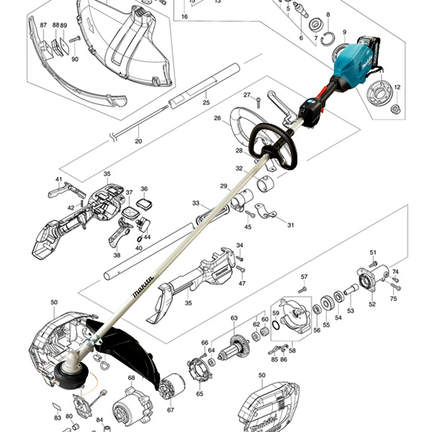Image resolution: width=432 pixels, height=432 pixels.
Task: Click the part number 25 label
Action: point(206,102)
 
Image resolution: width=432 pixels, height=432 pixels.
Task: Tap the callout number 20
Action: point(138,141)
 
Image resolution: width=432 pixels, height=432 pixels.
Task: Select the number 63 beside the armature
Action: point(234,318)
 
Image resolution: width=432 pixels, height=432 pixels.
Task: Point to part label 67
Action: point(171,410)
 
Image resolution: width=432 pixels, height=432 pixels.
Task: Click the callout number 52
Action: point(372,304)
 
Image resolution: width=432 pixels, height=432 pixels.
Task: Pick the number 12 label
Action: point(397,87)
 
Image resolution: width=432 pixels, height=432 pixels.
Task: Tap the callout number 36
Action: point(144,189)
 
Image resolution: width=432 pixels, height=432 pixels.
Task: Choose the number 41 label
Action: point(59,179)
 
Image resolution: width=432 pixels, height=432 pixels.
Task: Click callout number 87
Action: point(43,25)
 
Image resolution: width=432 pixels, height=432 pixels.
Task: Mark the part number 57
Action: point(304,277)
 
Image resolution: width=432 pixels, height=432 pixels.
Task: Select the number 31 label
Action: point(291,225)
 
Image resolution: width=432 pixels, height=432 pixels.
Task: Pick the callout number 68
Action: point(132,377)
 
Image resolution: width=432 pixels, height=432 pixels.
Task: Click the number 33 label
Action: point(196,204)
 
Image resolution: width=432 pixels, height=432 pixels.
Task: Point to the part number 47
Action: point(242,284)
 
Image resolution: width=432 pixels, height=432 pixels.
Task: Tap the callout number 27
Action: point(246,95)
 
